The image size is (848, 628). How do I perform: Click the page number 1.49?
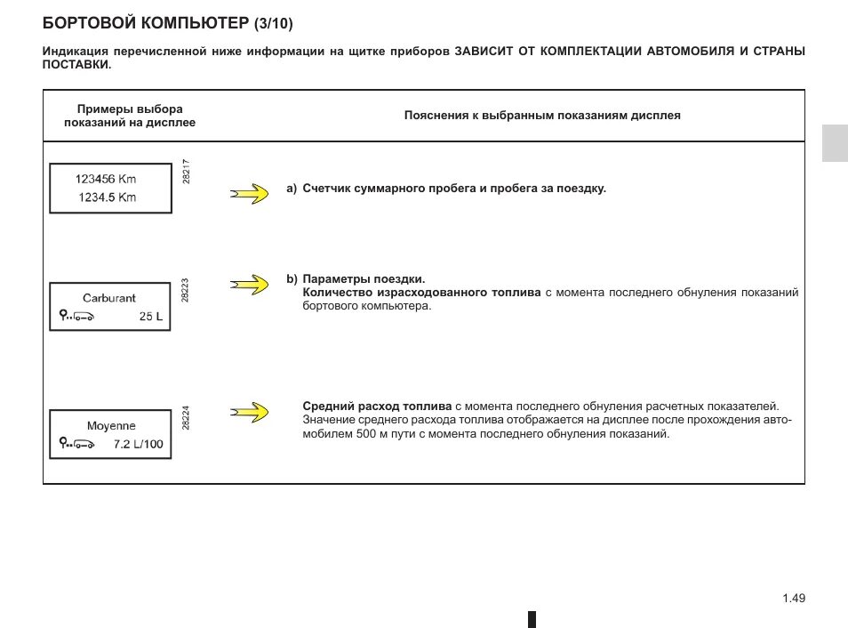[794, 599]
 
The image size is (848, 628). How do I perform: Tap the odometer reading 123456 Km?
[107, 179]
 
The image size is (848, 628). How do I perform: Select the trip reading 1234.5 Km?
[108, 197]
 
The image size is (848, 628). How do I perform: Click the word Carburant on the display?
[109, 298]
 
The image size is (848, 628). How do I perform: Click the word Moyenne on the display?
[111, 426]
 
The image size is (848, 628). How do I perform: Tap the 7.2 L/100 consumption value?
[140, 444]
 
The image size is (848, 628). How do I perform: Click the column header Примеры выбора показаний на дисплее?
[129, 115]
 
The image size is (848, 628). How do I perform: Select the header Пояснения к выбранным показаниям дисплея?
[542, 116]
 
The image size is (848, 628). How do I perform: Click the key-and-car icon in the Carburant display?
[76, 316]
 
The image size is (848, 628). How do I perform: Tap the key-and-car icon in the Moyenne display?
[76, 443]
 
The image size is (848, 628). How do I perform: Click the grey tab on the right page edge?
[834, 143]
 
